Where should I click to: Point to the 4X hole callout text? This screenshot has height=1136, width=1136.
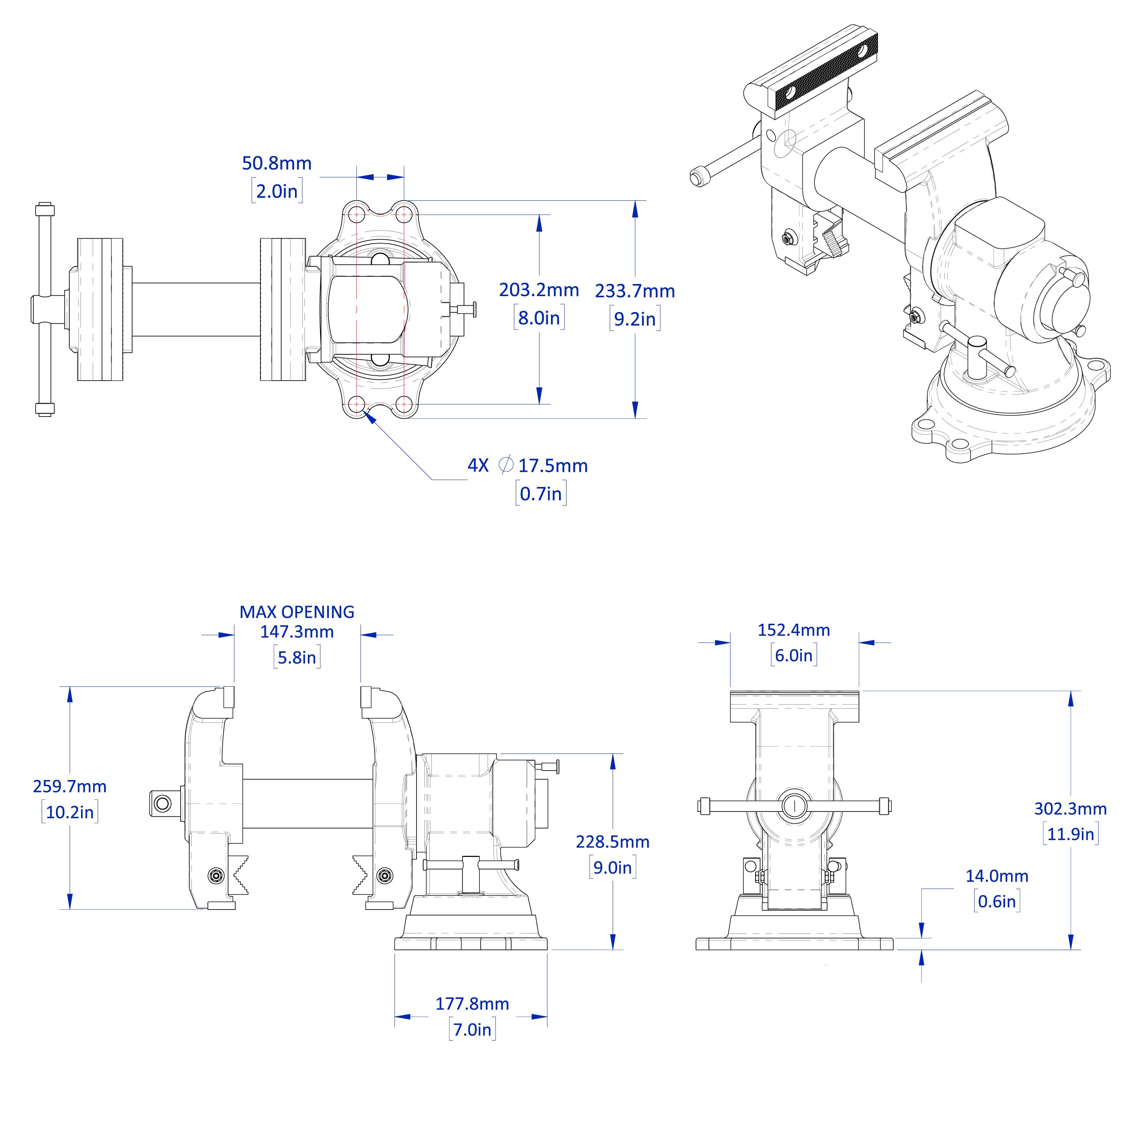click(x=478, y=466)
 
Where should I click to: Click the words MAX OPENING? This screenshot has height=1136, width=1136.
click(x=297, y=612)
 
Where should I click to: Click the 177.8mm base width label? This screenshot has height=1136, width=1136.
click(x=472, y=1004)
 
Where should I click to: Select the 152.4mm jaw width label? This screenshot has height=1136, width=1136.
click(x=793, y=630)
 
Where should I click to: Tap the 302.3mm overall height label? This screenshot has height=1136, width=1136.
click(x=1070, y=809)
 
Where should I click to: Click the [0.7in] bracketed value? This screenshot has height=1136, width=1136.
click(x=541, y=494)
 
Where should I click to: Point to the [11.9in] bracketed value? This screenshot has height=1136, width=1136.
click(x=1070, y=834)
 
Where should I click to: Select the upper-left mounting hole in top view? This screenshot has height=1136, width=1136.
click(x=356, y=215)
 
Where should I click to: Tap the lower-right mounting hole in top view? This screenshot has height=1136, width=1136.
click(x=404, y=404)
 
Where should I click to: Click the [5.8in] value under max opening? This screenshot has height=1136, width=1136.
click(x=297, y=657)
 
